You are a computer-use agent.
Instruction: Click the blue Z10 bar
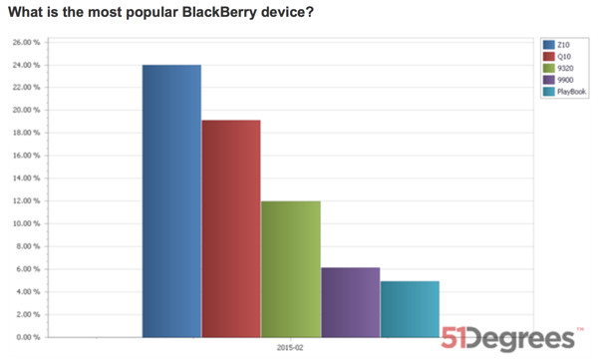tap(171, 200)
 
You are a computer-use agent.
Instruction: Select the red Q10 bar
tap(231, 228)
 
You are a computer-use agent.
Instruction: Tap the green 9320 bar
tap(290, 268)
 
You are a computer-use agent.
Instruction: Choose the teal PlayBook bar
tap(410, 308)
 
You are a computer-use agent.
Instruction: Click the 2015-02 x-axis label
tap(290, 349)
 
